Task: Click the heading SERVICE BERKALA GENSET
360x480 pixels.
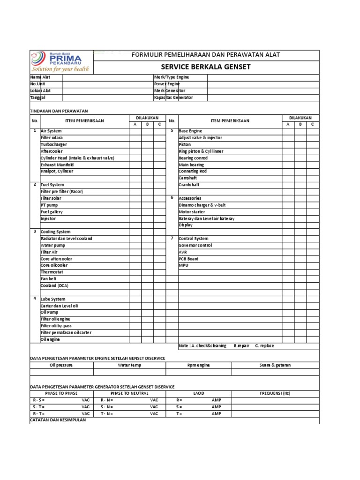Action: [206, 67]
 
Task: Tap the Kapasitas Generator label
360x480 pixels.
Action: [173, 97]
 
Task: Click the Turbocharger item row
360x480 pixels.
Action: [53, 145]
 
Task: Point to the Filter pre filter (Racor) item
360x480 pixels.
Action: [61, 192]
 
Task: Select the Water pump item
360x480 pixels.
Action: [52, 245]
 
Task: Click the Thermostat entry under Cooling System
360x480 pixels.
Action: [52, 272]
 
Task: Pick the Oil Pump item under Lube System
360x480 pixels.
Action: [49, 312]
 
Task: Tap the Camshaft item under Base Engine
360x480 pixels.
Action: [188, 178]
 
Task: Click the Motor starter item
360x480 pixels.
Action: [192, 212]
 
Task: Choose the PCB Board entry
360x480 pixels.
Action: [188, 259]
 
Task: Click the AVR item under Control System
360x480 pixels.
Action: [183, 252]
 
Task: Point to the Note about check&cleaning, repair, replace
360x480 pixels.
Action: [226, 346]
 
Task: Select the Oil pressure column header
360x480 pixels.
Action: [61, 365]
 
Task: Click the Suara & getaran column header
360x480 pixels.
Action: [275, 365]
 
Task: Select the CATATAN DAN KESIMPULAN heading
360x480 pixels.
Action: [58, 420]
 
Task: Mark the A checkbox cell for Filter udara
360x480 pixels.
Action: [135, 138]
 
